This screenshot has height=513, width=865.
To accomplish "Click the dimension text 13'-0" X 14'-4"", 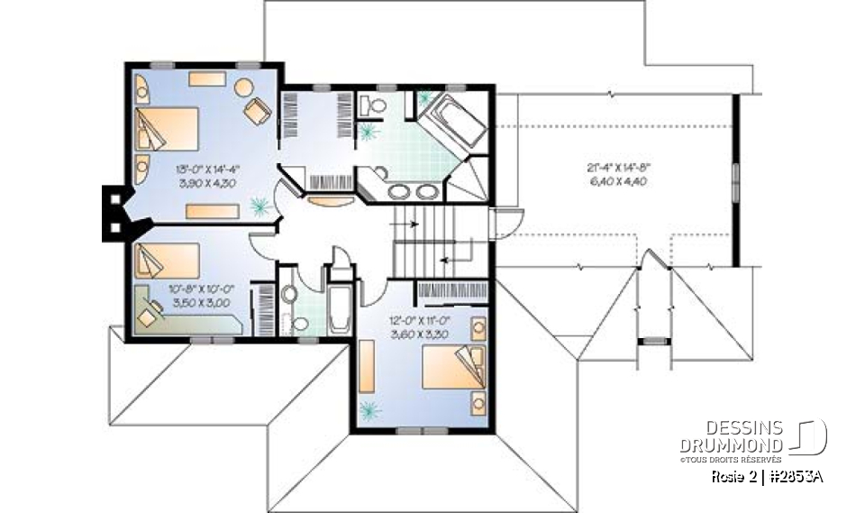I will [x=206, y=168].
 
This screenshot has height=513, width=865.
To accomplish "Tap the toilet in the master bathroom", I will [x=373, y=107].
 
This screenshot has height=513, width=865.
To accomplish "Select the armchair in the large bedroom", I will [x=257, y=111].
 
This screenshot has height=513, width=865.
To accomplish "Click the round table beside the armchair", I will [x=244, y=88].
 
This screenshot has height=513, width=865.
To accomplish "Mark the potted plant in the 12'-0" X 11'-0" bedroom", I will [x=369, y=410].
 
